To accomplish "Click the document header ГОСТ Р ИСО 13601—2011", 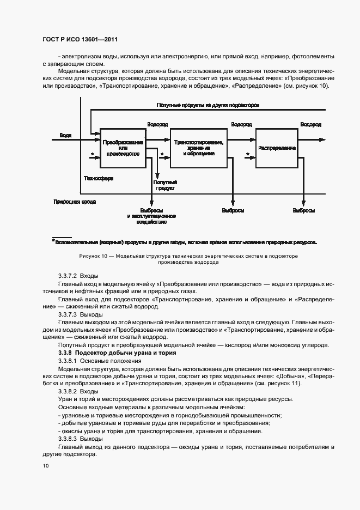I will click(x=80, y=40).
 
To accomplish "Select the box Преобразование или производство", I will click(x=123, y=148).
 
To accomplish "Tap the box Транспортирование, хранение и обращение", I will click(x=198, y=148).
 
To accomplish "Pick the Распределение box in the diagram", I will click(x=277, y=148).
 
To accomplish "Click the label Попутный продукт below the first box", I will click(x=164, y=185).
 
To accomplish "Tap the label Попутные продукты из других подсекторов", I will click(x=208, y=104).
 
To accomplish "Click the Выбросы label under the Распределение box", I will click(x=303, y=210).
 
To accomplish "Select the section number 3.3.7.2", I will click(x=68, y=276).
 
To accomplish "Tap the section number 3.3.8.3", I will click(x=68, y=439).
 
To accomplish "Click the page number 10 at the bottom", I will click(x=46, y=466).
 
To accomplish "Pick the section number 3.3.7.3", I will click(x=68, y=315).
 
